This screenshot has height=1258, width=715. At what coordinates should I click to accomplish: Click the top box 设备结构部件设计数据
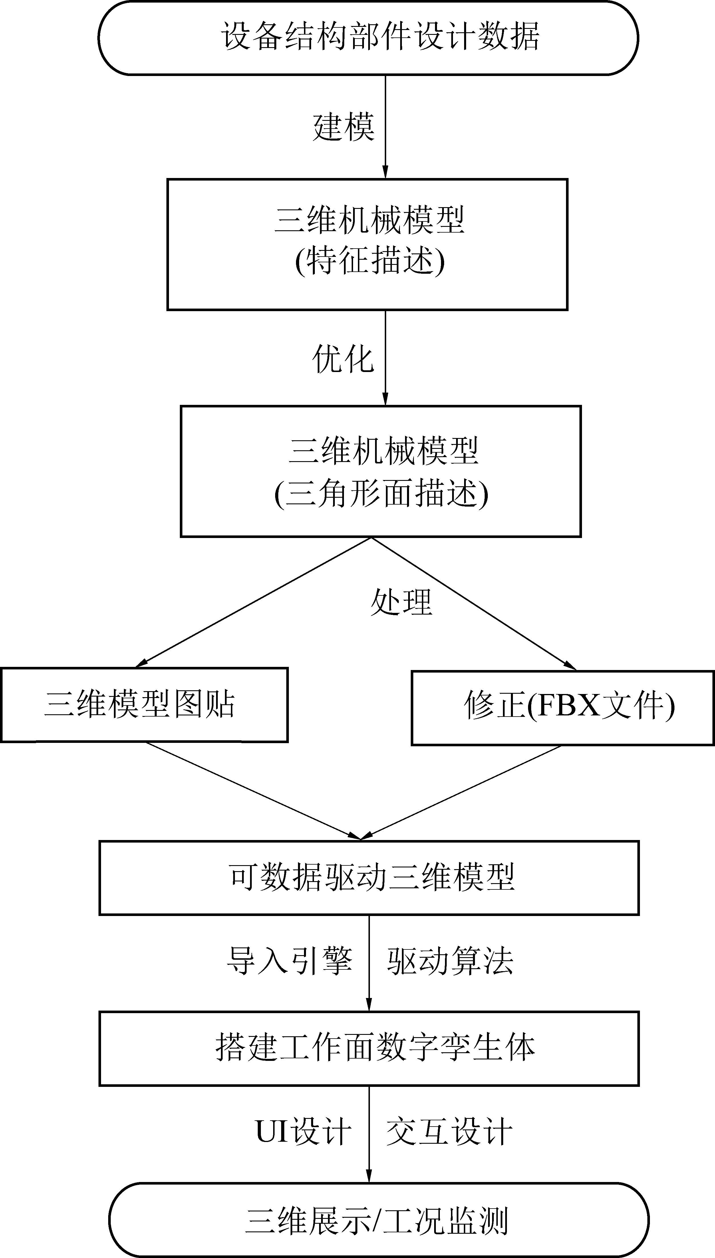pyautogui.click(x=368, y=38)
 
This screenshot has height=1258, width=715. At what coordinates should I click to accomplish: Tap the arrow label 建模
pyautogui.click(x=343, y=127)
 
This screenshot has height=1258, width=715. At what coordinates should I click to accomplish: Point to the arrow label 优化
pyautogui.click(x=343, y=359)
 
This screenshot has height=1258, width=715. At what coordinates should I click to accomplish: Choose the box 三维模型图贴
pyautogui.click(x=144, y=705)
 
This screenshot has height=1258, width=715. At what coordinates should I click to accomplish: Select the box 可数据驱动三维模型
pyautogui.click(x=369, y=877)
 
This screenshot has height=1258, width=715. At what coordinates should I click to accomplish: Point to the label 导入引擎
pyautogui.click(x=290, y=960)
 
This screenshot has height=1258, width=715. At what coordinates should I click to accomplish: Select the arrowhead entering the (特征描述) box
pyautogui.click(x=385, y=172)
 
